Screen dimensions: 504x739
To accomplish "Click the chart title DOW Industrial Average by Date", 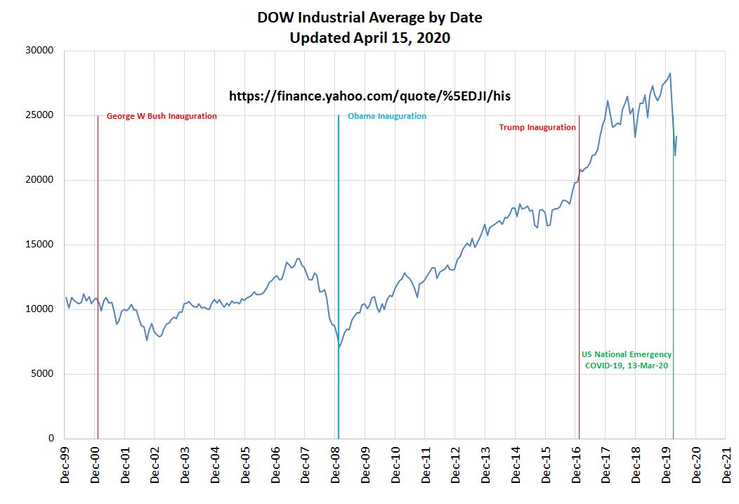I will (369, 18).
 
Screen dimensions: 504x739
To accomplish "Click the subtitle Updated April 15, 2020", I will (369, 38).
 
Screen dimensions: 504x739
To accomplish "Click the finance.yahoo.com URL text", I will (370, 96).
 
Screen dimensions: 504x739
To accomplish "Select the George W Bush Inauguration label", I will (162, 116).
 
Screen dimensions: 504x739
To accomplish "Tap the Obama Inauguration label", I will (386, 116).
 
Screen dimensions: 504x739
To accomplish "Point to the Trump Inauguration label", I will (537, 127).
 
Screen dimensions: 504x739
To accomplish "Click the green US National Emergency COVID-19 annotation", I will (627, 360).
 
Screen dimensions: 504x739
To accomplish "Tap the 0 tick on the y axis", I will (51, 439).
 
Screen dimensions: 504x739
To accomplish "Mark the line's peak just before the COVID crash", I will (670, 73).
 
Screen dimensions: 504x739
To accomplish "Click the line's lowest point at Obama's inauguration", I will (339, 347).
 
